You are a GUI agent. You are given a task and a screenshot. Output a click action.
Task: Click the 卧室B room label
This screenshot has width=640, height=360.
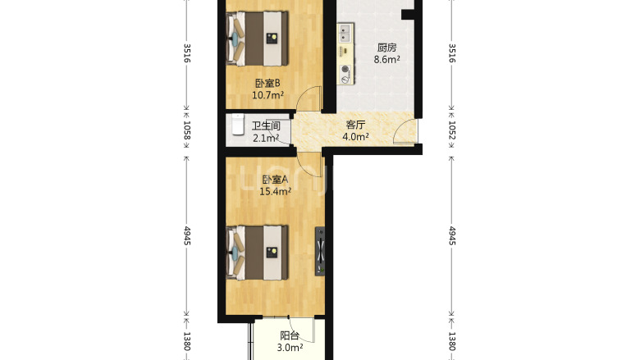[267, 84]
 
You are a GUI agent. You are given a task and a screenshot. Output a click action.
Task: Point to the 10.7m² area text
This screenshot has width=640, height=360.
[267, 95]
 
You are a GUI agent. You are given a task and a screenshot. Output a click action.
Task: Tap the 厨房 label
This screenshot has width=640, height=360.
[386, 48]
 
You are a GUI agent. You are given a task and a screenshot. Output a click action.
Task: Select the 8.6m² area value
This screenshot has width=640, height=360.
[386, 60]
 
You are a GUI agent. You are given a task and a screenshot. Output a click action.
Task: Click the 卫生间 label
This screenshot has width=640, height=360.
[266, 126]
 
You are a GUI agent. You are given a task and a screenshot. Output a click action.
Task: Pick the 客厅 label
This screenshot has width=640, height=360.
[355, 125]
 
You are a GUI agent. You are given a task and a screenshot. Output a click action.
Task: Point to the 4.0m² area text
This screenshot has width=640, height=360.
[355, 137]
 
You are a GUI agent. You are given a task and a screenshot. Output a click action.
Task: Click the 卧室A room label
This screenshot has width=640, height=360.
[275, 180]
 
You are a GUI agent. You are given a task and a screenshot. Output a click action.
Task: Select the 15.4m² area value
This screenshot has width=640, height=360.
[275, 191]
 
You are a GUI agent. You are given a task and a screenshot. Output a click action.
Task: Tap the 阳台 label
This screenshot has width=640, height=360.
[290, 336]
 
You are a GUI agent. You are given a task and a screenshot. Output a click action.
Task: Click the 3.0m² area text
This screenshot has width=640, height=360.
[290, 348]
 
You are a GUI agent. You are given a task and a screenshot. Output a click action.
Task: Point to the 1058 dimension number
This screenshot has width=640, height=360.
[186, 130]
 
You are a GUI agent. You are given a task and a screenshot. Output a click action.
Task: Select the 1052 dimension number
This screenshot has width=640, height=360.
[452, 130]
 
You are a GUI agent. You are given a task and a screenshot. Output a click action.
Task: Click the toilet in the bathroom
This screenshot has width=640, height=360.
[238, 125]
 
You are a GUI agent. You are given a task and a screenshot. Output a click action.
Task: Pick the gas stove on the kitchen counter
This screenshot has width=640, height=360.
[345, 75]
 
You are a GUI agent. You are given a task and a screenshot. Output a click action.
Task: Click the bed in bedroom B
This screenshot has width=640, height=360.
[257, 39]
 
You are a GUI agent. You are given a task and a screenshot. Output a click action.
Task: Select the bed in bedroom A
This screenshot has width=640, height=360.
[257, 253]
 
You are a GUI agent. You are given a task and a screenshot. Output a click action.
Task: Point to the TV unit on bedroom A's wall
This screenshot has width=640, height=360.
[320, 251]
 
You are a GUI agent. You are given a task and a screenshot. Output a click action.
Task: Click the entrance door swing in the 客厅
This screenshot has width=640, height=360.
[403, 131]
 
